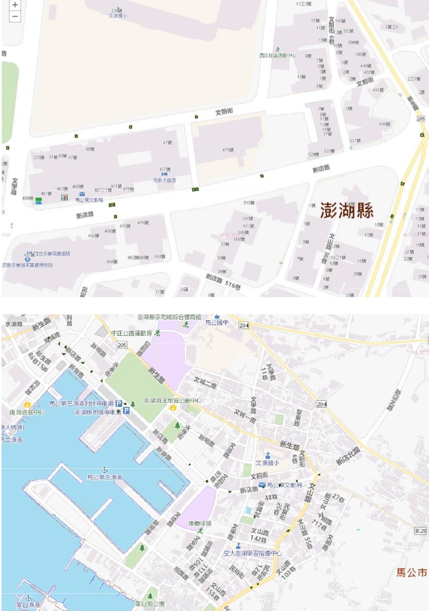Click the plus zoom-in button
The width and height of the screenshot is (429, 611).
coord(15,5)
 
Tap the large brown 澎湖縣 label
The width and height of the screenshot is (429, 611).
coord(347,211)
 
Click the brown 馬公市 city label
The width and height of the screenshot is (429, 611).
coord(411,572)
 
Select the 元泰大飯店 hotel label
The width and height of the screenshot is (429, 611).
coord(165,180)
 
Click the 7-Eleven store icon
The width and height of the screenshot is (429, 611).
coord(64,197)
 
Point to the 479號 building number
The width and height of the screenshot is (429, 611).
coord(228,150)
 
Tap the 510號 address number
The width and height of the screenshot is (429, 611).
coord(248,202)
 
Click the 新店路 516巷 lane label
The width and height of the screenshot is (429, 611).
coord(224,280)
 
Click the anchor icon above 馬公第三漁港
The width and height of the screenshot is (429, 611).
coord(105,469)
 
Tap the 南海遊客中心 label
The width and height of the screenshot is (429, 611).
coord(27,412)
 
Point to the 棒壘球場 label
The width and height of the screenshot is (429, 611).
coord(200,523)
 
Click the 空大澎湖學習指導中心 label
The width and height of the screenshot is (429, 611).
coord(253,553)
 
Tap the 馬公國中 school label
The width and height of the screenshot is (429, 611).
coord(232,322)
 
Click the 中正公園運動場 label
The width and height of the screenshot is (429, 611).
coord(132,332)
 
